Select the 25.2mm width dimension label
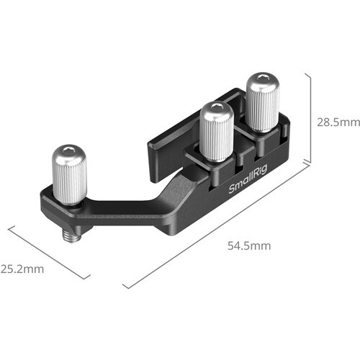(22, 269)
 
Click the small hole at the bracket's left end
(45, 208)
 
